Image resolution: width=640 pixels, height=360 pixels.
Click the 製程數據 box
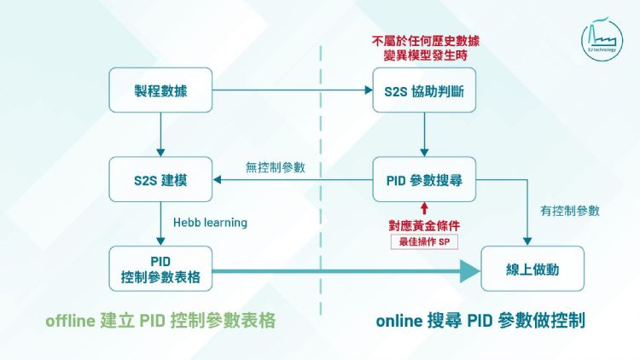click(160, 91)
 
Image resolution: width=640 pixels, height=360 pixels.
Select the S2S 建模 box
click(160, 180)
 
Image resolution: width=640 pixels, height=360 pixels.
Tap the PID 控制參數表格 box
click(160, 268)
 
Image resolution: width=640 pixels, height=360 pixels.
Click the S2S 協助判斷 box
click(424, 91)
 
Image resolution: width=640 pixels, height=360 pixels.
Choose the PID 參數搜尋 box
click(424, 180)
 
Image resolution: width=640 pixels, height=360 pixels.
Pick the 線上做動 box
click(532, 268)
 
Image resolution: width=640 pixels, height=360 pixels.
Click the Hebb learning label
click(210, 223)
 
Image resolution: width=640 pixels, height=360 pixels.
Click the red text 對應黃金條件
click(424, 225)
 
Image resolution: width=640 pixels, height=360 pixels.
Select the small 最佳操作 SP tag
click(424, 241)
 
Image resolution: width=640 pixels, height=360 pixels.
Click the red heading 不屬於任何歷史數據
click(424, 40)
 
